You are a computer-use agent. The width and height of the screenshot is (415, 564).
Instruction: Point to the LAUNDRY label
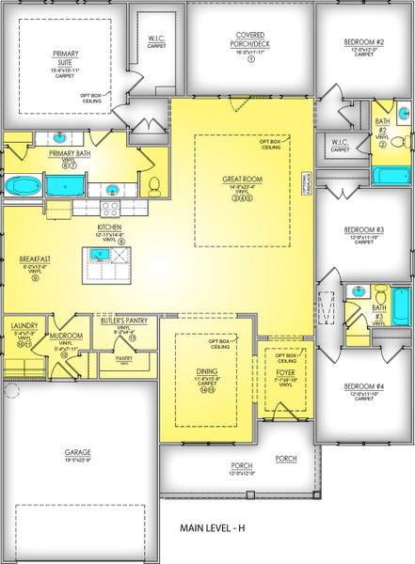[24, 325]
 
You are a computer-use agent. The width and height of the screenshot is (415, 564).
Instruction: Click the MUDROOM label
[62, 334]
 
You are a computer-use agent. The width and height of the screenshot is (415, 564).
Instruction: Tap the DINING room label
[207, 372]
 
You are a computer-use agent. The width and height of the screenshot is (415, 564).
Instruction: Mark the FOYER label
[283, 372]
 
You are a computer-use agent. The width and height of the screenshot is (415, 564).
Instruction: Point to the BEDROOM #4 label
[364, 386]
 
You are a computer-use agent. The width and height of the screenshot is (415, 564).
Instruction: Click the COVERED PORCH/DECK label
[251, 39]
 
